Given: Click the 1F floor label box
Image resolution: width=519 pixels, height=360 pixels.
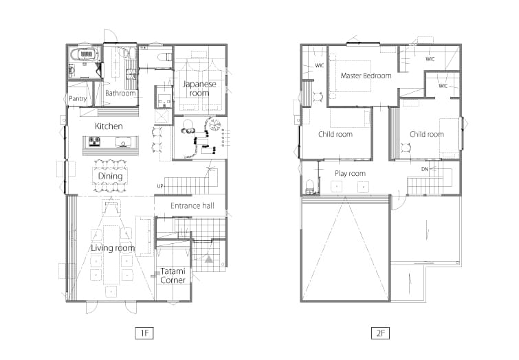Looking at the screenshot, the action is [144, 333].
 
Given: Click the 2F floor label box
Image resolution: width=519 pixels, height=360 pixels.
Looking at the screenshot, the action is [380, 333].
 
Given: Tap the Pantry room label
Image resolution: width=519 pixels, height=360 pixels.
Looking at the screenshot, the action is [78, 99].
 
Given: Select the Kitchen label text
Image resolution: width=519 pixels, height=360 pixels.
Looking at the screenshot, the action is [109, 126].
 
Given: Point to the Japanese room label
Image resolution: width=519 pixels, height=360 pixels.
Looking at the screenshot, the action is [199, 89].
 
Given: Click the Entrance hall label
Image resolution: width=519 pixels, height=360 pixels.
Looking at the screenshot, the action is [192, 206].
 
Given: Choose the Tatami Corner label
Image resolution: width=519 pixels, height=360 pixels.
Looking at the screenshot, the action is [173, 276].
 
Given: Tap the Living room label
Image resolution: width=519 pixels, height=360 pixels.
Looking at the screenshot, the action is [113, 248].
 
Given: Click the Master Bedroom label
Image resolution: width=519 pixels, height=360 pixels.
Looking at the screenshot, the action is [366, 76].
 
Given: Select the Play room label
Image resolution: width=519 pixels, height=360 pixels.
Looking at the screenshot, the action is [350, 173].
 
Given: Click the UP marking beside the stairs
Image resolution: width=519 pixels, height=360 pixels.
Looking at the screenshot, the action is [160, 186].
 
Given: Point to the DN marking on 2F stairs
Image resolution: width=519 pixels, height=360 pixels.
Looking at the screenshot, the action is [425, 169].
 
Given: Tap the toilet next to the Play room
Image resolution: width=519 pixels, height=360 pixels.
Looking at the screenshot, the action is [310, 186].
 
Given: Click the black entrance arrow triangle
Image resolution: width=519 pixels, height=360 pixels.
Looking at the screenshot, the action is [208, 259].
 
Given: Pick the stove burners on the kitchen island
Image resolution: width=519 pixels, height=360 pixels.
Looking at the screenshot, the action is [95, 142].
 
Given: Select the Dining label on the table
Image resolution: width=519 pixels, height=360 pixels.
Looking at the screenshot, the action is [110, 176].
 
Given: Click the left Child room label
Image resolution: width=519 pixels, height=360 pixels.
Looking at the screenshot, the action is [335, 134].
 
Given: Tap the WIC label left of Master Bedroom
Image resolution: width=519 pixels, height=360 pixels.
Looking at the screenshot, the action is [320, 65].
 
